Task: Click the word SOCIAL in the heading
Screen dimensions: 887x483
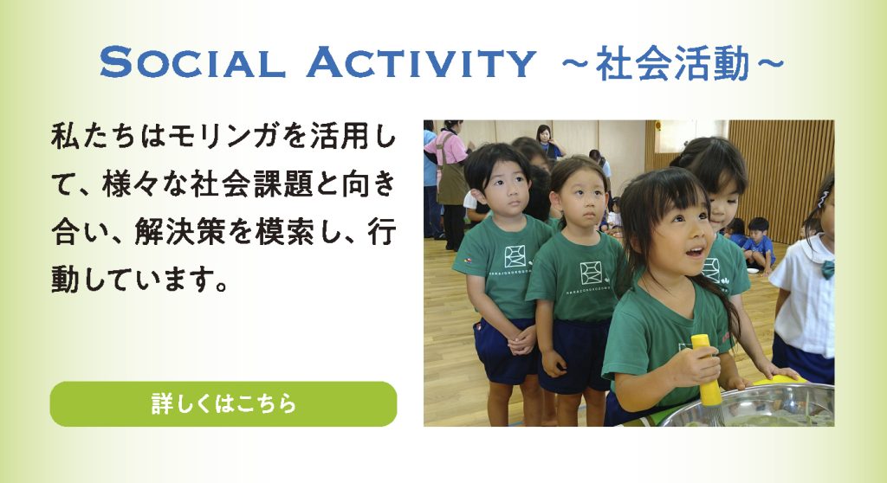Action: (x=191, y=62)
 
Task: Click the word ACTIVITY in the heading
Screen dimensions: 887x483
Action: (x=421, y=62)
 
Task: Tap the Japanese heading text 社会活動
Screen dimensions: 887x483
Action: (x=672, y=64)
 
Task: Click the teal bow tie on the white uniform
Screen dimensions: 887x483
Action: (x=827, y=268)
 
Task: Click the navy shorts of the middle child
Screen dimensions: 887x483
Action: (x=573, y=355)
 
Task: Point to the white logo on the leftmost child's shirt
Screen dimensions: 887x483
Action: (x=515, y=256)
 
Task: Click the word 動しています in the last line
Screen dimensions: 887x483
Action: (x=139, y=279)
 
